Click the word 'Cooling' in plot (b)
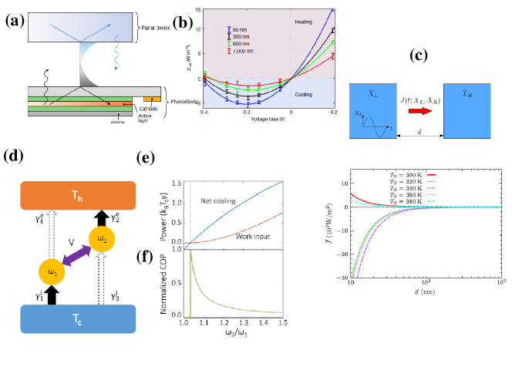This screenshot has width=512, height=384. click(305, 93)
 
